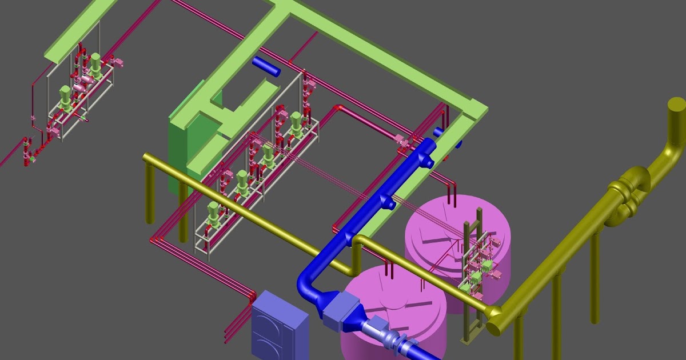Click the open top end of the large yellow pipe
[676, 106]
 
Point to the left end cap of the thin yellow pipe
[146, 158]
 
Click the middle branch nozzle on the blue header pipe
[390, 202]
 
